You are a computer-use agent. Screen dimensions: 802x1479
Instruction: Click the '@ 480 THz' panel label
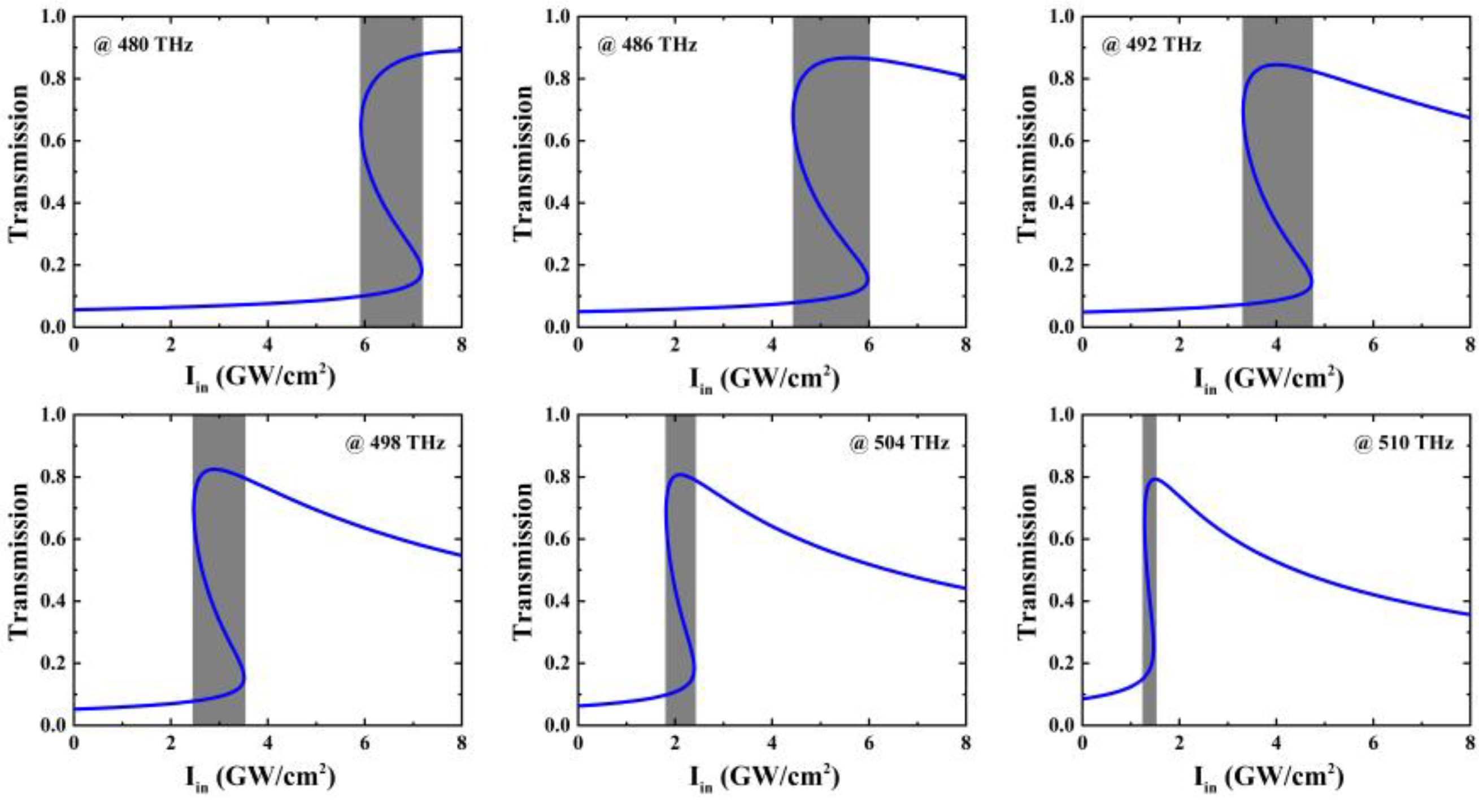pyautogui.click(x=143, y=45)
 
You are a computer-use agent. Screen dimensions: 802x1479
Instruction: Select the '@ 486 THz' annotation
pyautogui.click(x=647, y=45)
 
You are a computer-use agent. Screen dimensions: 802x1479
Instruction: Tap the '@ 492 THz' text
pyautogui.click(x=1151, y=45)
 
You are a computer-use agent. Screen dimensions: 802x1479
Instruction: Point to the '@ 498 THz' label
pyautogui.click(x=395, y=443)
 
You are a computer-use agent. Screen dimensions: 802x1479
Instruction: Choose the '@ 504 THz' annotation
pyautogui.click(x=899, y=443)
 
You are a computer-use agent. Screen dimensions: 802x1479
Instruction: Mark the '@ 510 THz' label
pyautogui.click(x=1404, y=443)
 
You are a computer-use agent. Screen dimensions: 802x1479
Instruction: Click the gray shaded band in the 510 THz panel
pyautogui.click(x=1149, y=568)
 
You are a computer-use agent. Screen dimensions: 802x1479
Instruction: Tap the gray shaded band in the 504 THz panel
pyautogui.click(x=680, y=568)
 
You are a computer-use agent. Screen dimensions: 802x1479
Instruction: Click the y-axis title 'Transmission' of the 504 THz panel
pyautogui.click(x=523, y=560)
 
